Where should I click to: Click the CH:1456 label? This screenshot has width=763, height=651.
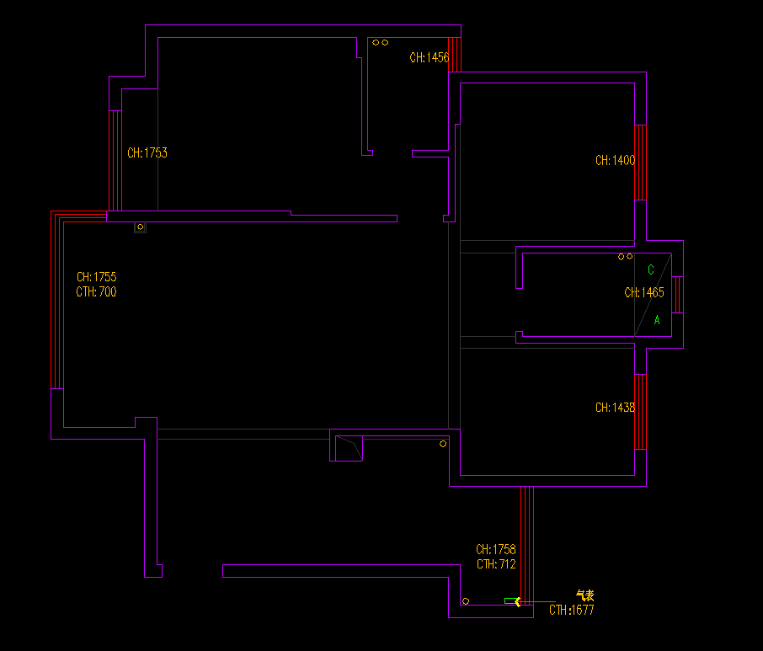click(x=430, y=58)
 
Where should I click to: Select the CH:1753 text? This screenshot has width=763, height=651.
click(x=147, y=153)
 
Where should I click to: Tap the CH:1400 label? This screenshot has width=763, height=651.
click(x=615, y=160)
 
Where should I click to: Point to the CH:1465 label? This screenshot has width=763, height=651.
click(x=644, y=293)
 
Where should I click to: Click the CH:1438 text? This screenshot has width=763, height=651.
click(x=615, y=408)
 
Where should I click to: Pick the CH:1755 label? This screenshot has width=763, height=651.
click(x=96, y=277)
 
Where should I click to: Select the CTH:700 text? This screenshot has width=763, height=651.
click(x=96, y=292)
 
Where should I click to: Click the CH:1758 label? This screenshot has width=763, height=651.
click(x=496, y=550)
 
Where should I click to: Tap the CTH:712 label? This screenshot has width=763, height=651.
click(x=496, y=565)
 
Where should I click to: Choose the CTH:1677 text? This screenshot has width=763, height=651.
click(x=572, y=611)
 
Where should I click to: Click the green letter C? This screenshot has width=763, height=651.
click(x=650, y=270)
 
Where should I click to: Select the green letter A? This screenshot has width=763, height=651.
click(x=657, y=321)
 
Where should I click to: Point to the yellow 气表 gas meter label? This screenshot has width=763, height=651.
click(x=584, y=595)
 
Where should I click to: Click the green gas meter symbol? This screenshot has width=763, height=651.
click(x=511, y=600)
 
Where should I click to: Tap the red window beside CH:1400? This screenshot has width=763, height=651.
click(x=640, y=163)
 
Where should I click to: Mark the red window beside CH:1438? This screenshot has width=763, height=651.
click(x=640, y=412)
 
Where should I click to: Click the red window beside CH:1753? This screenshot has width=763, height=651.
click(x=115, y=160)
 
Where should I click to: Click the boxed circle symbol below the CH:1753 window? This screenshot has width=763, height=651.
click(x=140, y=227)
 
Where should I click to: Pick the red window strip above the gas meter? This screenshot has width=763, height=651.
click(x=526, y=539)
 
